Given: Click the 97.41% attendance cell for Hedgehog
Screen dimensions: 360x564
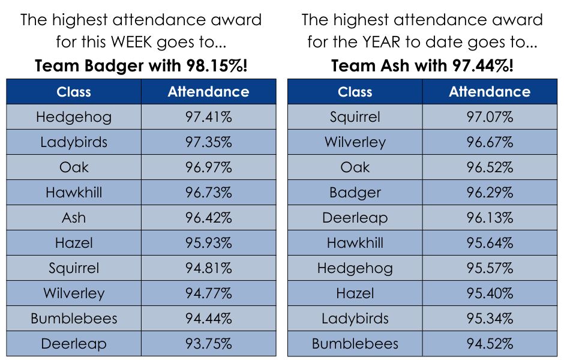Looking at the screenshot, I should point(208,117).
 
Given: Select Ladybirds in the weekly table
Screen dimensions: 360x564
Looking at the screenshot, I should point(74,142).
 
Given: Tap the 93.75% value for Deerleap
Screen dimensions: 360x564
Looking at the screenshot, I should point(208,344).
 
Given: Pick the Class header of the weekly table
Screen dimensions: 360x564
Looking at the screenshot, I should point(74,92).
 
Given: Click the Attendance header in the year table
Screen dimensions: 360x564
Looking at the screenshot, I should point(490,92).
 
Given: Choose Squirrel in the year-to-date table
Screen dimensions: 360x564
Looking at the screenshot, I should point(355,117).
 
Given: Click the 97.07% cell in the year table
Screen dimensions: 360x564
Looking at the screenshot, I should point(490,117).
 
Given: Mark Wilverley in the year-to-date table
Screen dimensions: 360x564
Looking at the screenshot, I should point(355,142).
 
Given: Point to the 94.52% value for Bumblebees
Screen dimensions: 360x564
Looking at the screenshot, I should point(490,344).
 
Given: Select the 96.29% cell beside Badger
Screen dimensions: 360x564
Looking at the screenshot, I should point(490,193).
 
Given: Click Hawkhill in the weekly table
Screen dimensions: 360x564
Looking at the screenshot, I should point(74,193).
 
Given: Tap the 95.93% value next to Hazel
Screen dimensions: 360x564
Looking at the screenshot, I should point(208,243).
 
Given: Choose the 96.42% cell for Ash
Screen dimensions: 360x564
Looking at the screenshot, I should point(208,218).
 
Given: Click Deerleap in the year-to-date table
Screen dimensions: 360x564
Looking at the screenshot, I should point(355,218).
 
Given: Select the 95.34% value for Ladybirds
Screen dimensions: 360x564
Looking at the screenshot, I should point(490,319).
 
